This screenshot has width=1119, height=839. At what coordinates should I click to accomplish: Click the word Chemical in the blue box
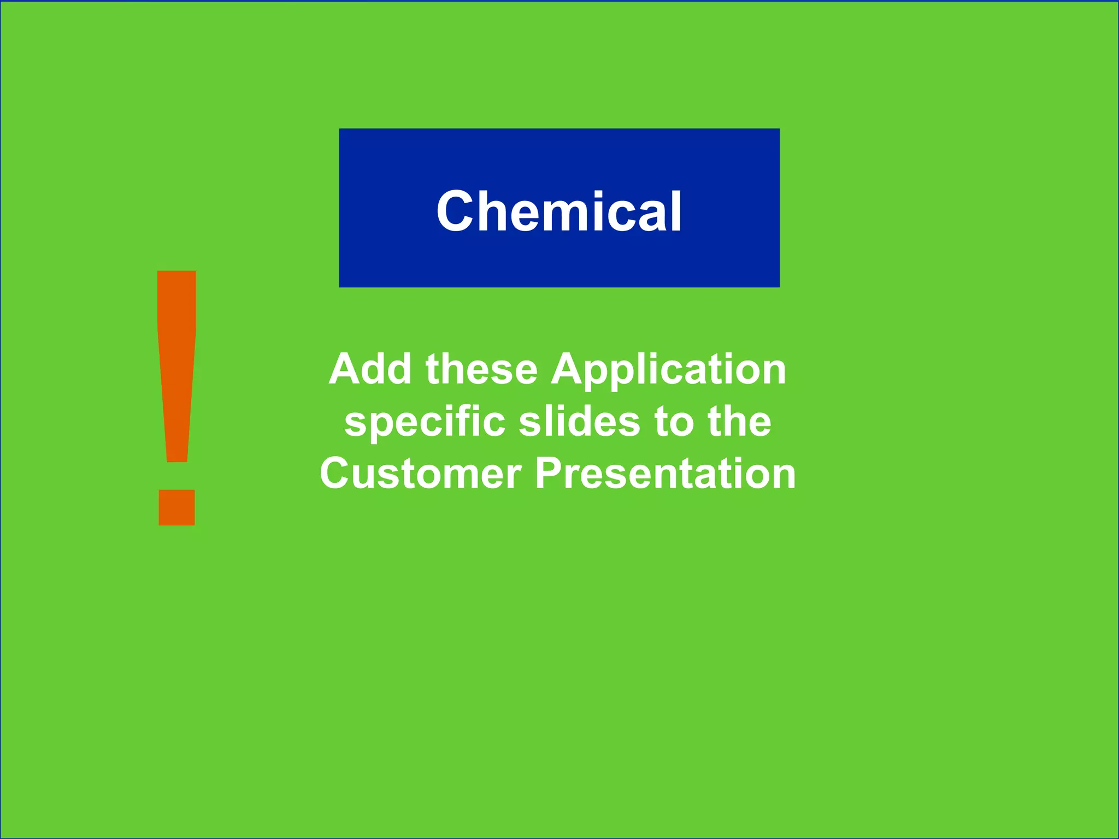coord(559,212)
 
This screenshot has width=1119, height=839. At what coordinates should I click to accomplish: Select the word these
coord(482,369)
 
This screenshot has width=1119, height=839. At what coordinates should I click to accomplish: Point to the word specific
coord(425,423)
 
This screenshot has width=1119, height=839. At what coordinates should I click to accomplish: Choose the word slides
coord(579,422)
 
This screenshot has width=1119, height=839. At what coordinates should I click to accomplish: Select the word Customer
coord(421,474)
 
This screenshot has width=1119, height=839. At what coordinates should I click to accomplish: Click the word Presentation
coord(665,474)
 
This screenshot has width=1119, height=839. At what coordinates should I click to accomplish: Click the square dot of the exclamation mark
coord(176,507)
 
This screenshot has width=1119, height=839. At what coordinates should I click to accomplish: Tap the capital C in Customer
coord(335,474)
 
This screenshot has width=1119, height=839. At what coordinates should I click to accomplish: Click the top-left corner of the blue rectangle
coord(340,129)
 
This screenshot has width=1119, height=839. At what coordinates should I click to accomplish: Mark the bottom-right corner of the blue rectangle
coord(779,286)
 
